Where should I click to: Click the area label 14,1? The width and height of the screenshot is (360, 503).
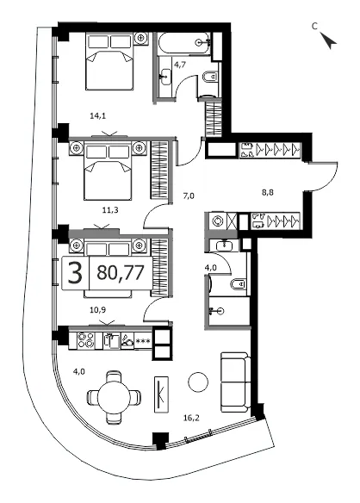point(98,116)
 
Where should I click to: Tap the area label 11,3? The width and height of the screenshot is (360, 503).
point(110,210)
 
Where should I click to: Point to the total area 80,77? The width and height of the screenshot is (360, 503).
point(120,273)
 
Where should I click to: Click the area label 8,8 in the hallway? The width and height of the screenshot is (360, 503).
point(267,193)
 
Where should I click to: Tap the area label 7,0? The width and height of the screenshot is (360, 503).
point(189,196)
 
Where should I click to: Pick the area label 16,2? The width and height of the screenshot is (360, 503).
point(191,418)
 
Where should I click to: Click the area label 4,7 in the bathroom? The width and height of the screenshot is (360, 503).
point(180,65)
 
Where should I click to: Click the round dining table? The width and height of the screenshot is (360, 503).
point(114,398)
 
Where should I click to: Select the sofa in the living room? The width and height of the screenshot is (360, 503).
point(235,382)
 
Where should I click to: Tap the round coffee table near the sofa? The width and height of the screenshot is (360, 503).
point(197,382)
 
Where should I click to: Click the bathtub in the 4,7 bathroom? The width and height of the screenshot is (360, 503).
point(184,43)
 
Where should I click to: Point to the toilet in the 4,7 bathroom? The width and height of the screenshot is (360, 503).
point(210,77)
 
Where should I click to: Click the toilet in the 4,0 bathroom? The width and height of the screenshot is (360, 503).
point(238,284)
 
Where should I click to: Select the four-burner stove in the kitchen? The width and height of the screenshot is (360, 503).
point(86,340)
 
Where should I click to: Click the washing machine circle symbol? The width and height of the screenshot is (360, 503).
point(218,221)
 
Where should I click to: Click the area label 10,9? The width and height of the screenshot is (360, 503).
point(97,310)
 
